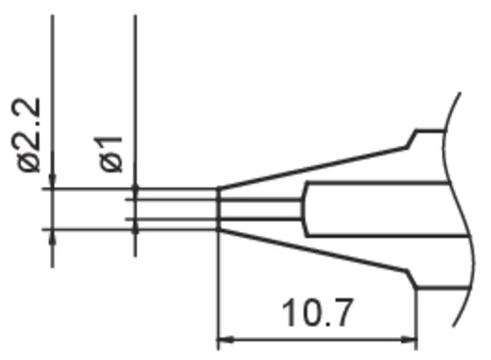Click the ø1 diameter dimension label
[x=111, y=154]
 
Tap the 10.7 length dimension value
[x=318, y=312]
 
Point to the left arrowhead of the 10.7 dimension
[x=226, y=339]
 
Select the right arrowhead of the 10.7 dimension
[x=409, y=339]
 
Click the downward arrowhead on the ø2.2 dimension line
[x=52, y=180]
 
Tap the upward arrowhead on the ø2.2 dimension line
[x=52, y=238]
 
